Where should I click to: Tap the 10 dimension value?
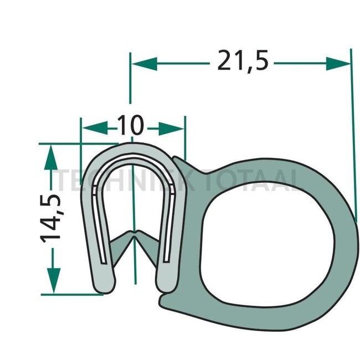[131, 127]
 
